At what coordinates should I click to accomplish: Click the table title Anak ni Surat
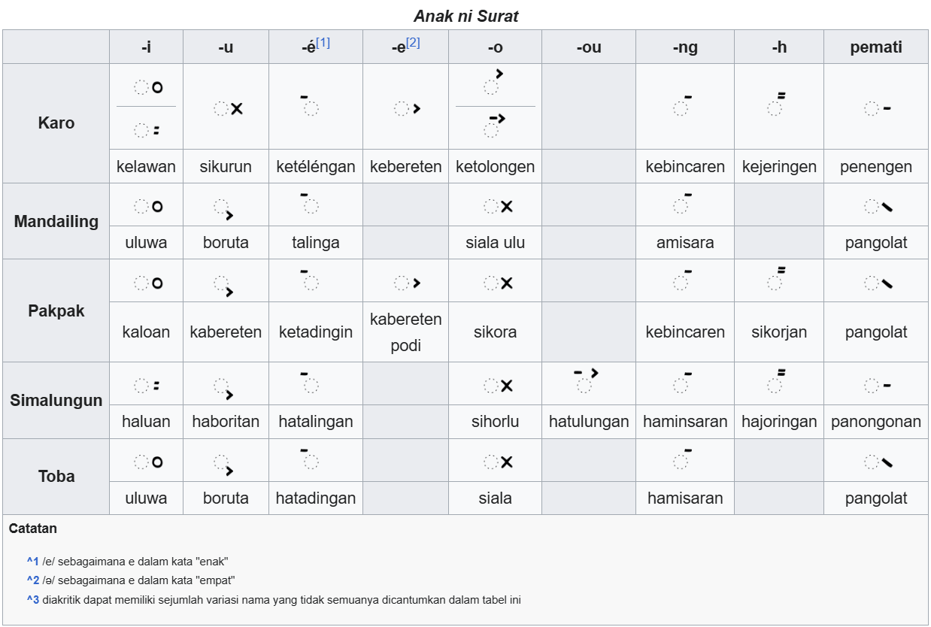465,16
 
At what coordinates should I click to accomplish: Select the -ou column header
588,47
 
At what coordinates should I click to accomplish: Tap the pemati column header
875,47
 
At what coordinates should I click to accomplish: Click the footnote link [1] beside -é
323,43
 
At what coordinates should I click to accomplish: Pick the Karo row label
56,123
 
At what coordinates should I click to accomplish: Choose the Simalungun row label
56,400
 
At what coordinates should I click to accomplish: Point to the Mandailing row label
56,221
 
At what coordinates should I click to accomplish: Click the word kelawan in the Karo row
146,166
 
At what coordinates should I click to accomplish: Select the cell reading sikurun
226,166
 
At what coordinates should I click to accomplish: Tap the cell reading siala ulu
495,242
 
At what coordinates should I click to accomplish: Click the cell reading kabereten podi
405,332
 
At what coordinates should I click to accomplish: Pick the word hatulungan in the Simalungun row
588,421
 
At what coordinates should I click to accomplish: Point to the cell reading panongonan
875,421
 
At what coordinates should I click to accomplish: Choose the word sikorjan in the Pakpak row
778,332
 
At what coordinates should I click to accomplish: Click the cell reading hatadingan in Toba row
315,498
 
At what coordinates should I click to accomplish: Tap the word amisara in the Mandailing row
684,242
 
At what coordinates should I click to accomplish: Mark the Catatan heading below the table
33,529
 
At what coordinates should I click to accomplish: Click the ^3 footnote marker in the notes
32,600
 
